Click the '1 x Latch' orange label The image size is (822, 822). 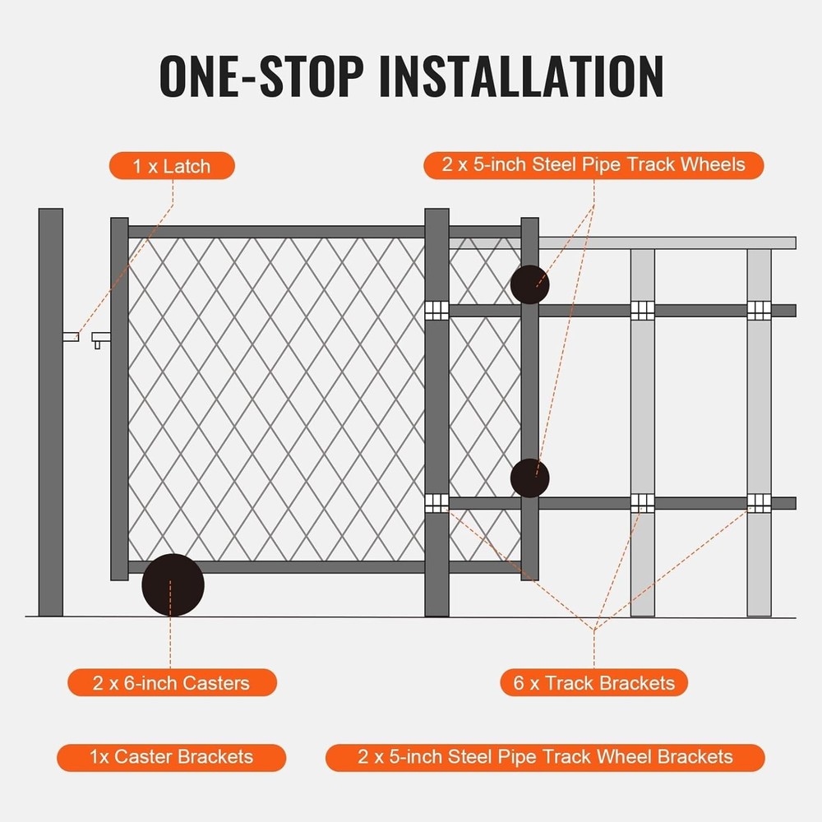click(x=172, y=166)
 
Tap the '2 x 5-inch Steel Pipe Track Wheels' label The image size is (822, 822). click(x=593, y=164)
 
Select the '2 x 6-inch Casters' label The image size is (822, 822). click(x=172, y=682)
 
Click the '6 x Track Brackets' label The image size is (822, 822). click(x=593, y=682)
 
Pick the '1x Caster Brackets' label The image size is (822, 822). click(x=172, y=757)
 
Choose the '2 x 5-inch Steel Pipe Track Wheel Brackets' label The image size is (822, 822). click(x=545, y=757)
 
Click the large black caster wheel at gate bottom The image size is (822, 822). click(x=173, y=584)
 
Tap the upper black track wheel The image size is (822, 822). click(x=529, y=284)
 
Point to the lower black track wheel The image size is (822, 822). click(x=529, y=478)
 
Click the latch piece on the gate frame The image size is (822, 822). click(x=101, y=337)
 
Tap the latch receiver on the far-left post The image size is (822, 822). click(x=71, y=335)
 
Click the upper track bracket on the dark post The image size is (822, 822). click(x=436, y=310)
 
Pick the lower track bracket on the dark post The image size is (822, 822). click(x=436, y=502)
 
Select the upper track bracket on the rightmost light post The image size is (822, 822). click(x=759, y=310)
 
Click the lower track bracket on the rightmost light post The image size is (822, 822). click(x=759, y=502)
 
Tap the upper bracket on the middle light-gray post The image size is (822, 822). click(x=642, y=310)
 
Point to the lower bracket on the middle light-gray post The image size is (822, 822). click(x=642, y=502)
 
